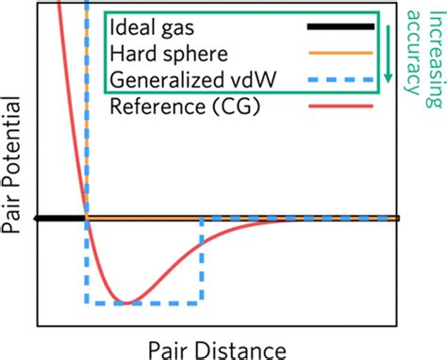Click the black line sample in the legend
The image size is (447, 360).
point(339,26)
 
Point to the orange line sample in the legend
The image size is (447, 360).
point(339,54)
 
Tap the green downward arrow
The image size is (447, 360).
point(386,57)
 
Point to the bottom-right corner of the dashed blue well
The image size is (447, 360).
point(201,303)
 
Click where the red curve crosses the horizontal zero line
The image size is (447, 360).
point(87,219)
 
